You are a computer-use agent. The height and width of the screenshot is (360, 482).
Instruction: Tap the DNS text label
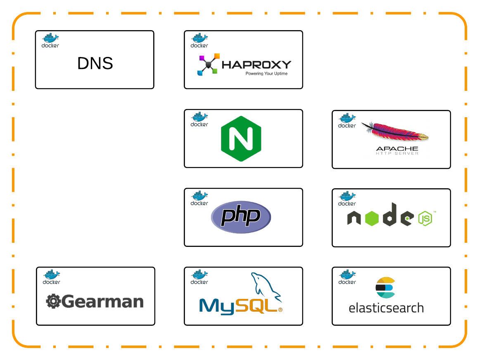95,63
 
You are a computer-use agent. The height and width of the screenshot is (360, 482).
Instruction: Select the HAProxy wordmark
256,65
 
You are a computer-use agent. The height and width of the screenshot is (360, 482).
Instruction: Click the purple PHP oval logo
241,217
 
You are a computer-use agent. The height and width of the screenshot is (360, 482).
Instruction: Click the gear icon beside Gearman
53,301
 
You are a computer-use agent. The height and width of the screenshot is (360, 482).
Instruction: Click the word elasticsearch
386,308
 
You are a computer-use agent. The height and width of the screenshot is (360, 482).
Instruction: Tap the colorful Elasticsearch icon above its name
385,287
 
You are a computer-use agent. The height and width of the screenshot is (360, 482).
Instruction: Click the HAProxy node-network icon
209,64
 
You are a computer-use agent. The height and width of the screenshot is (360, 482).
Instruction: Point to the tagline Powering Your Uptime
266,74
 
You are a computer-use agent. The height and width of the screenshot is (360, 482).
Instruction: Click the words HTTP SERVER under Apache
397,154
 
